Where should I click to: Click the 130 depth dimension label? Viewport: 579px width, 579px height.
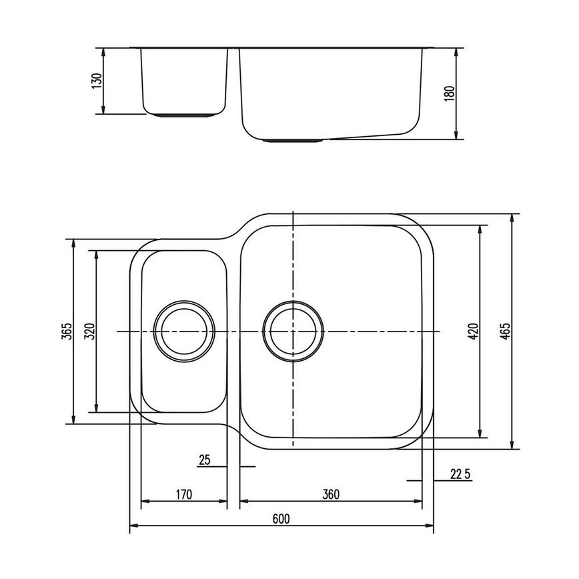97,81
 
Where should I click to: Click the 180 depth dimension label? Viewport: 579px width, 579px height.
449,93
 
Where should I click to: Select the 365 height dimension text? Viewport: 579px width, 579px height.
65,332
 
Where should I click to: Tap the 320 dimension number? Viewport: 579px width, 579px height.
90,332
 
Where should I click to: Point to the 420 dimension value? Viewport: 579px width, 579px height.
472,332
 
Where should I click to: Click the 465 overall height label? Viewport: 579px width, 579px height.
505,332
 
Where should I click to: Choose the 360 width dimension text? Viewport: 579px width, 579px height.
330,494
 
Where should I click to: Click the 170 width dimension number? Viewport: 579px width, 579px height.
184,494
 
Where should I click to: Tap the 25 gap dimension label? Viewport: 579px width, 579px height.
204,460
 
